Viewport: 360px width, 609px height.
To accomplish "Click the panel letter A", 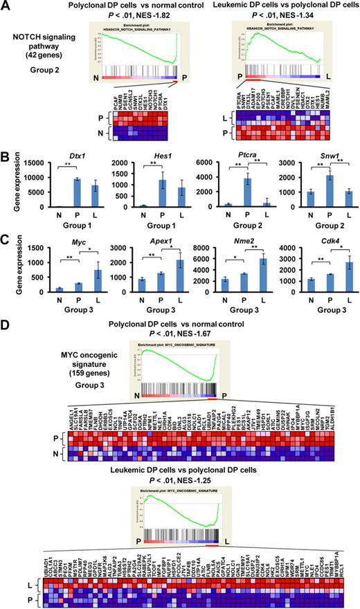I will click(6, 6).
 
